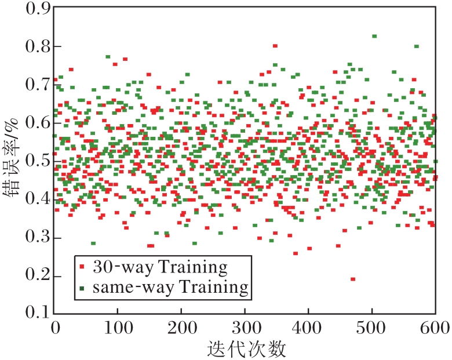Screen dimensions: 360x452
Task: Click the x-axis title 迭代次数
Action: pos(246,348)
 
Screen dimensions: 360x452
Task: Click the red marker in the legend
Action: pos(83,267)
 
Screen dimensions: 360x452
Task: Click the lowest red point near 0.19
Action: pos(352,279)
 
